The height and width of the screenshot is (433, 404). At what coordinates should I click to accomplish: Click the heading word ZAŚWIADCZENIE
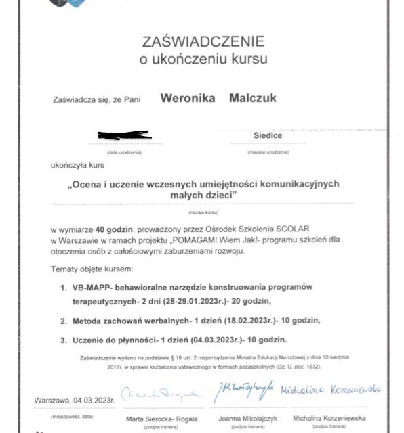203,41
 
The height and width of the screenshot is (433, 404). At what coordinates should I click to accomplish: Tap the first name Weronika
188,99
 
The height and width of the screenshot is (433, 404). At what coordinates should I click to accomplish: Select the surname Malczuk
252,99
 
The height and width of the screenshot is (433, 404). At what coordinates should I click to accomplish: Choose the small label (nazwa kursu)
203,212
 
